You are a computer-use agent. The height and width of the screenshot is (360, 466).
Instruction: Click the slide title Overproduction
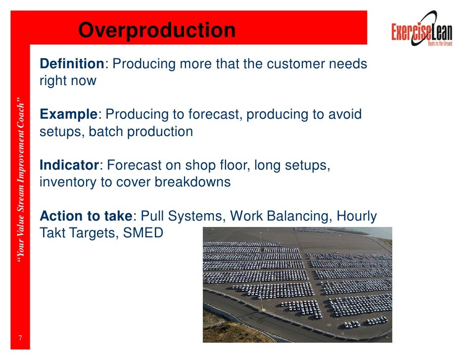157,31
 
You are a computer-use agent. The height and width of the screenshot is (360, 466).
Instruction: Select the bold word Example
68,115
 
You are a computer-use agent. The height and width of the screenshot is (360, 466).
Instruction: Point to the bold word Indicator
69,165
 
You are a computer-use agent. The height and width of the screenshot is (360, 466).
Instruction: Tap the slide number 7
20,338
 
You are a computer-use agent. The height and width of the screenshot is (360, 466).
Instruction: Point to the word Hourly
357,216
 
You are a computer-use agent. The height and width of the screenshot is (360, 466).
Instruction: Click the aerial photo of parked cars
297,284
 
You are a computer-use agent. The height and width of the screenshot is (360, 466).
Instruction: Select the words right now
68,81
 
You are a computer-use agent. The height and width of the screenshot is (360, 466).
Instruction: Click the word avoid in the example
344,115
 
